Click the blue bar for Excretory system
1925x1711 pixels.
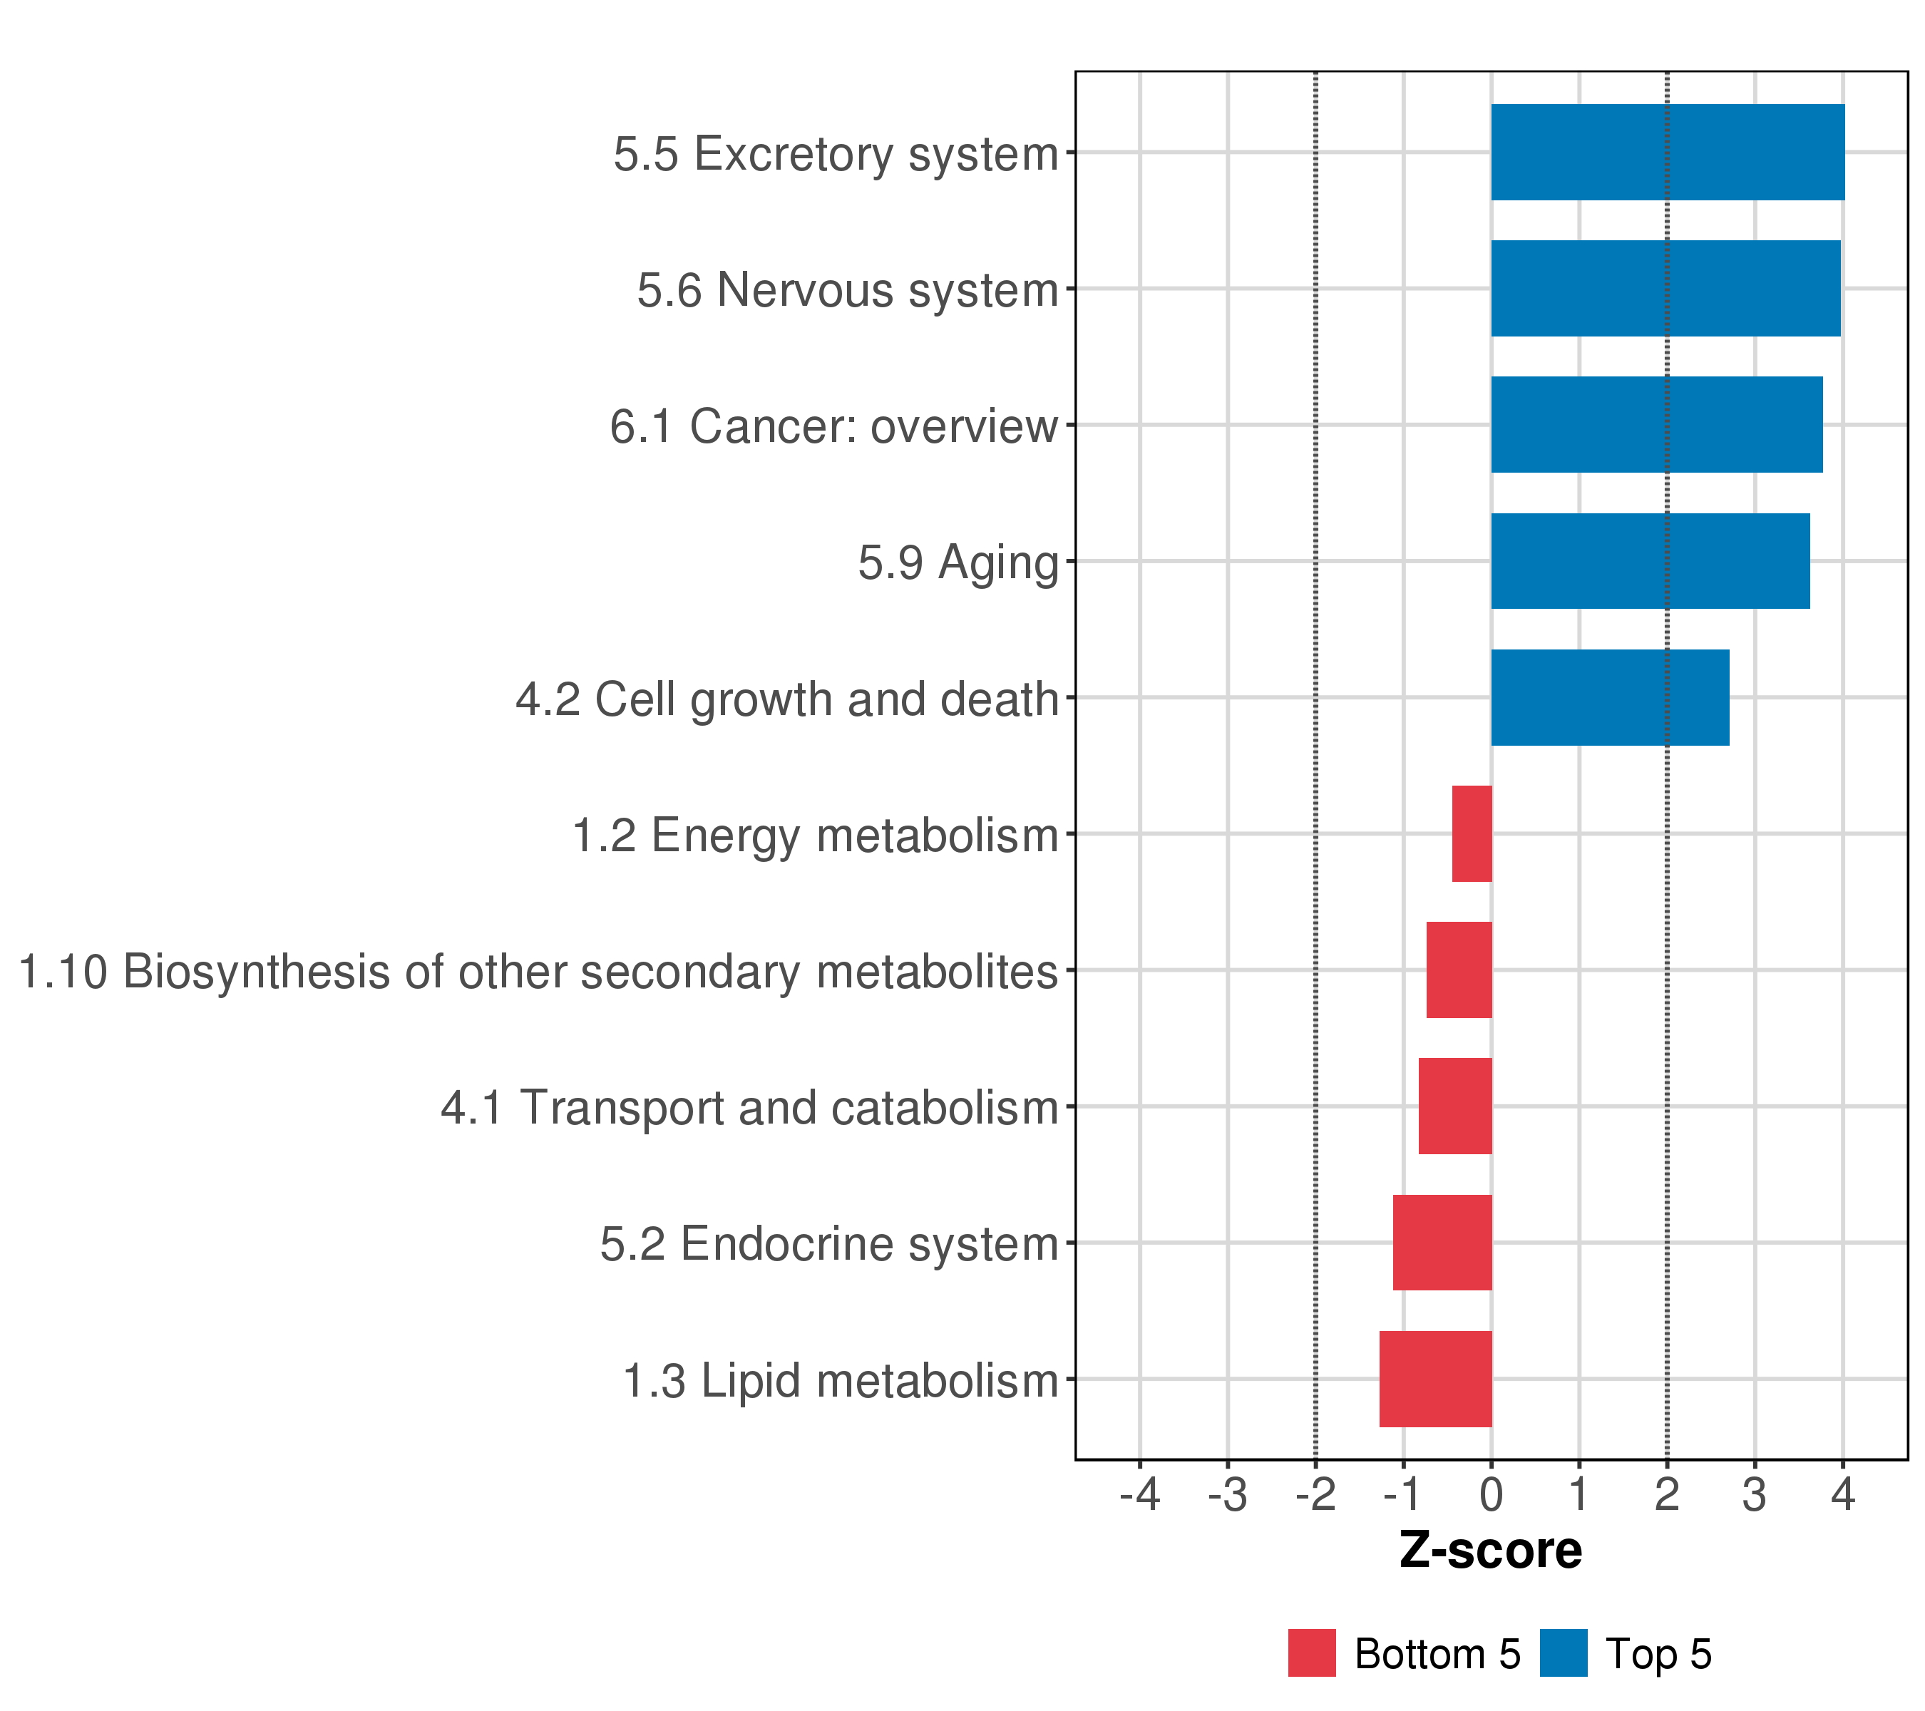(1667, 153)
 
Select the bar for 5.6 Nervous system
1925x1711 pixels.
(1665, 288)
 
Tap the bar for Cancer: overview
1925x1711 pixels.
(1655, 425)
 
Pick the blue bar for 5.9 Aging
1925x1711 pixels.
(1650, 561)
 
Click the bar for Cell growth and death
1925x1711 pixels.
(1609, 698)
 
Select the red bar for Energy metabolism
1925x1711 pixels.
(1472, 833)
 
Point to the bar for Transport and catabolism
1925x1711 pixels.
(1455, 1106)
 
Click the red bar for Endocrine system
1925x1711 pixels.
(1442, 1243)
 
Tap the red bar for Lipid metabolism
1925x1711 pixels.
(1435, 1379)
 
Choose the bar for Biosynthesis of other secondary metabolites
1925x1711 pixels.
(1459, 970)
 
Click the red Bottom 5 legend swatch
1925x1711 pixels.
(1312, 1653)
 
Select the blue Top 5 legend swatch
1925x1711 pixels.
(1564, 1653)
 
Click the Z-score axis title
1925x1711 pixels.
(1491, 1551)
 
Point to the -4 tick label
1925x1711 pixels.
(1139, 1494)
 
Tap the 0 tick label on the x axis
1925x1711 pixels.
(1491, 1494)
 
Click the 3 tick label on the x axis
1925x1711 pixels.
(1755, 1494)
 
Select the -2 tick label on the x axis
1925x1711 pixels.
(1315, 1494)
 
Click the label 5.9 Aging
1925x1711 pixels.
(958, 563)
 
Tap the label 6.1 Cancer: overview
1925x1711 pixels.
(833, 426)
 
